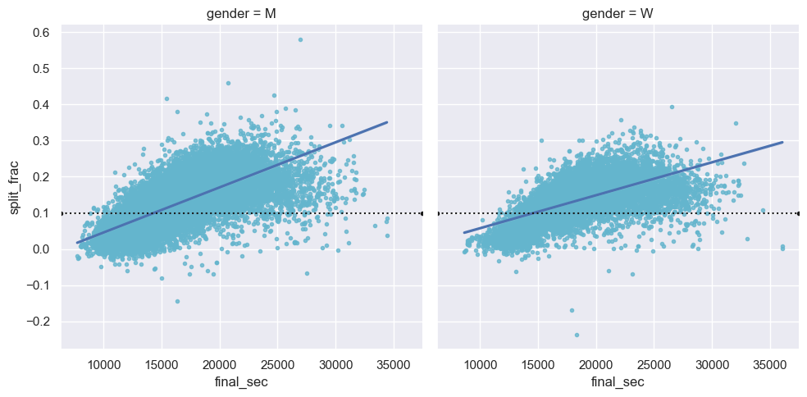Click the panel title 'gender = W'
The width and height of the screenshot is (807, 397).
coord(618,14)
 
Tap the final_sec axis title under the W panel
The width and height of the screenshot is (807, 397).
coord(618,382)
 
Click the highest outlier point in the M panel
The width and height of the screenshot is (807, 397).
coord(300,39)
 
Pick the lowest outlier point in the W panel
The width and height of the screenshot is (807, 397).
coord(577,335)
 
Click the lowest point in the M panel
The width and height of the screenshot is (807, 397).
coord(177,301)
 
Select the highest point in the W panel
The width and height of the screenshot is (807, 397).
coord(672,107)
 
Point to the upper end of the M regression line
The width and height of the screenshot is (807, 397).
coord(386,122)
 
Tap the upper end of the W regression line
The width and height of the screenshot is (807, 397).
coord(782,142)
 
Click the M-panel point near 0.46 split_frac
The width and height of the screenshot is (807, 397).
coord(228,83)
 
